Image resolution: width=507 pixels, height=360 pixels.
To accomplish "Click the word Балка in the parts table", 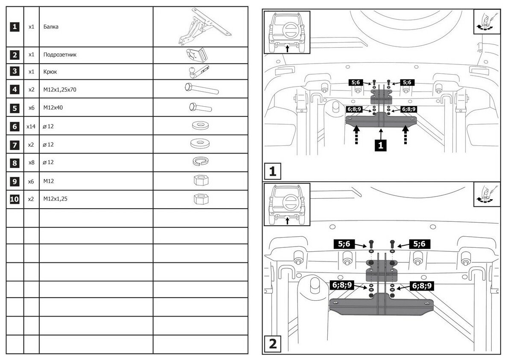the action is click(51, 26).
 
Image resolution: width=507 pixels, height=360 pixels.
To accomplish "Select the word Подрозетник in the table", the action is click(60, 55).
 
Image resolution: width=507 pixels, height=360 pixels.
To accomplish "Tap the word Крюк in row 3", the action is click(50, 72).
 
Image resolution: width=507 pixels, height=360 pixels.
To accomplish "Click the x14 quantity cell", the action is click(31, 126).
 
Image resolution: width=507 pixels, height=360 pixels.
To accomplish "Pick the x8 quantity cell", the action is click(31, 163).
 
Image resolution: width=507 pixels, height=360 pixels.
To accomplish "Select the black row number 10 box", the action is click(15, 199).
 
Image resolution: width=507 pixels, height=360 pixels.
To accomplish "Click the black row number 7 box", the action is click(15, 145).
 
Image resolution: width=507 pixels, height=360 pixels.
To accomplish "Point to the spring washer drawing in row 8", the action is click(200, 162).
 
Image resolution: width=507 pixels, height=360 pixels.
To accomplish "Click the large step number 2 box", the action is click(273, 343).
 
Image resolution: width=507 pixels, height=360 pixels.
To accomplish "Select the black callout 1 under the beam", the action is click(380, 145).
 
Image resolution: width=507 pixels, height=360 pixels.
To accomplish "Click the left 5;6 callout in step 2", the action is click(344, 244).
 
